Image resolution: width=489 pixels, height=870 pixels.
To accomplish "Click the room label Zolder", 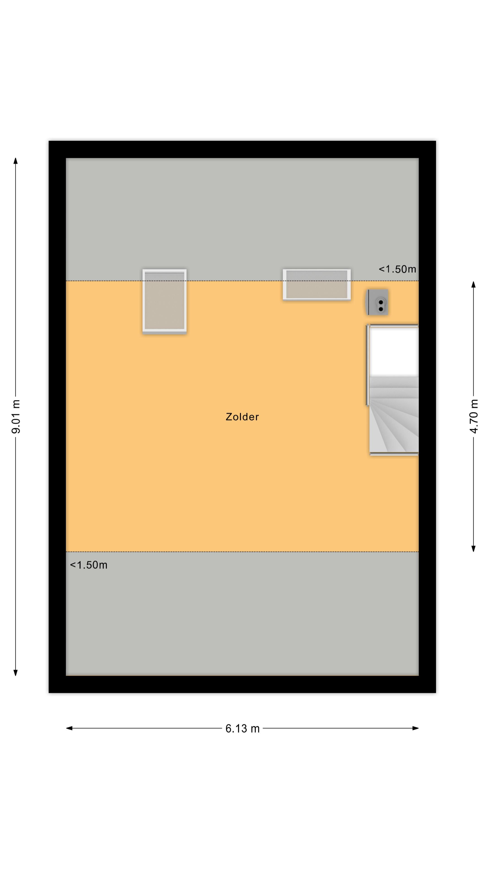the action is click(x=242, y=417).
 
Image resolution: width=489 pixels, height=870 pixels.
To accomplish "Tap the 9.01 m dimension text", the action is click(x=16, y=416).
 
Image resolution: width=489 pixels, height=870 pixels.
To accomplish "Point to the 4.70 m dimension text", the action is click(x=474, y=416).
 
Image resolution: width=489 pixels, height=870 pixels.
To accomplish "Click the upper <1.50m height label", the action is click(x=397, y=269).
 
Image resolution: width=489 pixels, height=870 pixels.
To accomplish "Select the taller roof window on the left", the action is click(x=164, y=301).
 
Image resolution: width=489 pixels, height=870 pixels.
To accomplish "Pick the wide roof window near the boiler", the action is click(x=316, y=284).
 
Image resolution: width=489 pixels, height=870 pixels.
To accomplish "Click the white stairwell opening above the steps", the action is click(x=394, y=352).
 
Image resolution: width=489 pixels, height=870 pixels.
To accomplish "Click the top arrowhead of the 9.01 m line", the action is click(x=16, y=160).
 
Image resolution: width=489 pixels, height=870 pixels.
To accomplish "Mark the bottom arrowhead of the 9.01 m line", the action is click(x=16, y=673).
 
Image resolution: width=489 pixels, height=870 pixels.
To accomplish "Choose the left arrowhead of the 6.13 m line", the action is click(x=69, y=728).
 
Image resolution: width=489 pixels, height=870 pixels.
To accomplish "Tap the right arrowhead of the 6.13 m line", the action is click(x=416, y=728).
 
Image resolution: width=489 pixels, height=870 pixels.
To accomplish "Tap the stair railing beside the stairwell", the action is click(x=367, y=365).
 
